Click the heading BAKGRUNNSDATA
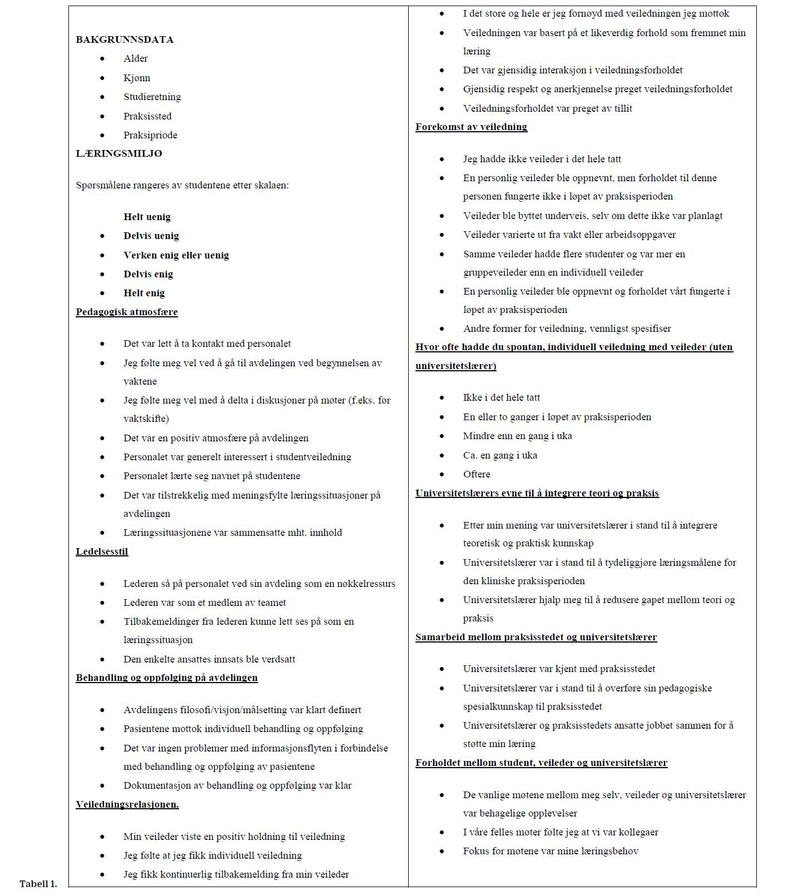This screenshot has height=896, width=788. [125, 39]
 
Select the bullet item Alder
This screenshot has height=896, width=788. [136, 58]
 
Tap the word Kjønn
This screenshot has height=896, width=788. [137, 78]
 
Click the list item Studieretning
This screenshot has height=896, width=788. [152, 97]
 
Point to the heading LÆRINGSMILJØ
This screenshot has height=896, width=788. [119, 153]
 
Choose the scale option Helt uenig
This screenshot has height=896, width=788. [147, 217]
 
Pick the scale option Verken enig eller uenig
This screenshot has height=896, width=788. [176, 255]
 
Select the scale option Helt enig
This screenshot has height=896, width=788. [144, 293]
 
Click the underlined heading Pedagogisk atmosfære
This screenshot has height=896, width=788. [127, 312]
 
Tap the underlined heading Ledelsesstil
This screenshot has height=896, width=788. [102, 551]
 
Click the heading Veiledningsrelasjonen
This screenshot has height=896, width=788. [127, 804]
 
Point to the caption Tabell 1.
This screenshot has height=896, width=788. [38, 884]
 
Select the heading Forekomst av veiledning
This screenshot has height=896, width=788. [471, 127]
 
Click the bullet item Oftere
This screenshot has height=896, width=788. [477, 474]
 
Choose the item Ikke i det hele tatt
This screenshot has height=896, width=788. [501, 397]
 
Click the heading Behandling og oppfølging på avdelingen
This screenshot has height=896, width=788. [166, 678]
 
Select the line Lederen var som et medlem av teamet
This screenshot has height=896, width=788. [205, 603]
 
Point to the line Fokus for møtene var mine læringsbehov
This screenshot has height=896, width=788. [551, 851]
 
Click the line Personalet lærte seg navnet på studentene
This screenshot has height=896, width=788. [211, 476]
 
